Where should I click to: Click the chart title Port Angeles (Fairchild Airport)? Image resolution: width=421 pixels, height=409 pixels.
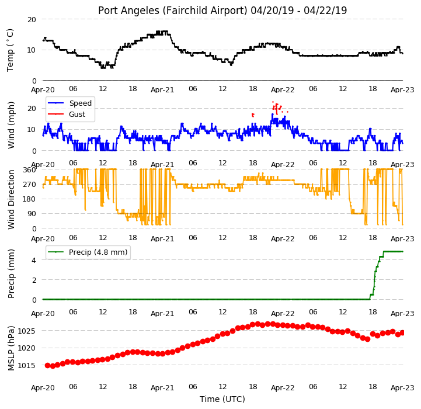pos(172,11)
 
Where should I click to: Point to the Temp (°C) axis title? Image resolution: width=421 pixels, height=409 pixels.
pos(10,50)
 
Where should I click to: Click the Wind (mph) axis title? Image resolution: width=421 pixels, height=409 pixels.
pos(11,125)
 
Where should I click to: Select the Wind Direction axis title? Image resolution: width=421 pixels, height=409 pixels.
pos(11,199)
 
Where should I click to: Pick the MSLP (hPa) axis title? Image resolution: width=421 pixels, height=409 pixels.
pos(11,348)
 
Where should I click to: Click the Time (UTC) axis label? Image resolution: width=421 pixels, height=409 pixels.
pos(222,399)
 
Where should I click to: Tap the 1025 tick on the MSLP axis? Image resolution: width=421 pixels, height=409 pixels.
pos(27,331)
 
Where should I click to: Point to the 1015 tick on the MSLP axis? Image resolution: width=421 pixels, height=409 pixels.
pos(27,365)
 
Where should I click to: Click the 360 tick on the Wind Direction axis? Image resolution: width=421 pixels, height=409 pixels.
pos(30,170)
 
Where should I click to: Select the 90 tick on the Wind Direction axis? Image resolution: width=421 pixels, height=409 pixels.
pos(32,214)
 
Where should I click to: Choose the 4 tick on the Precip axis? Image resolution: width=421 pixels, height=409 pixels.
pos(34,260)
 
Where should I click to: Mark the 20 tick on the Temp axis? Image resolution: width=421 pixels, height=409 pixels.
pos(32,20)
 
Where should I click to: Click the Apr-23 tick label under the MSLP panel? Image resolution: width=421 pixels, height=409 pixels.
pos(402,388)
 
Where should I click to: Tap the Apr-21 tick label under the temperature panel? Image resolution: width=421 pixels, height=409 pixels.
pos(162,90)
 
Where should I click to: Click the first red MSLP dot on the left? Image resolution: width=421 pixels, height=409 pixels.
pos(47,365)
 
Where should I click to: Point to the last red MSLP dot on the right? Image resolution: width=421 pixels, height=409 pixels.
pos(402,333)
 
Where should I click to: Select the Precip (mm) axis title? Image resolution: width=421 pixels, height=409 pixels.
pos(11,274)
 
